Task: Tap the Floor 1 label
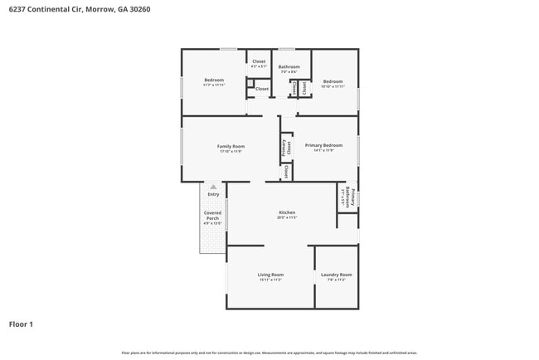21,324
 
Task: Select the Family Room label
231,146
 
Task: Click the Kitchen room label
286,213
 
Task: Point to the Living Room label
270,275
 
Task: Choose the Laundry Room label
335,275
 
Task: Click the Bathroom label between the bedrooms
289,66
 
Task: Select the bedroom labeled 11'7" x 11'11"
214,80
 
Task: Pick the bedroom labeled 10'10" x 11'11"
333,81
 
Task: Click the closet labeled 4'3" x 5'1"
259,61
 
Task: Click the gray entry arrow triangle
213,187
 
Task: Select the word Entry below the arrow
213,195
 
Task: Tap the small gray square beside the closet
250,83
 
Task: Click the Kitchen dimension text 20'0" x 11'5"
286,218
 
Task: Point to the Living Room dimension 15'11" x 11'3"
270,280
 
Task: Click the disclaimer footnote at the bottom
269,353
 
